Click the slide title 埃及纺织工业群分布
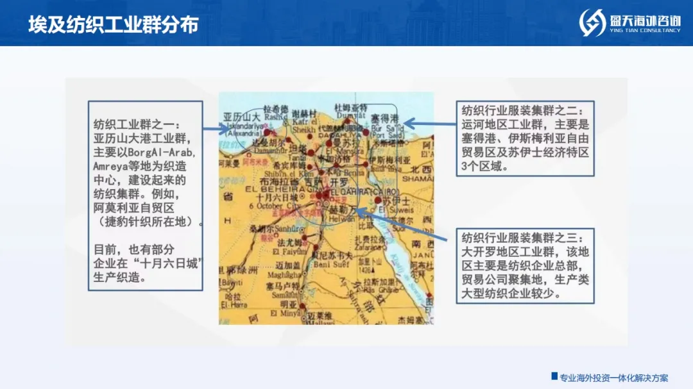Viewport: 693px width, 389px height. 114,24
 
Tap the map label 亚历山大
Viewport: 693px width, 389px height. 242,117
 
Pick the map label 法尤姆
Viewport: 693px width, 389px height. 290,244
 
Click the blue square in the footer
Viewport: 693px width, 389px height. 554,376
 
